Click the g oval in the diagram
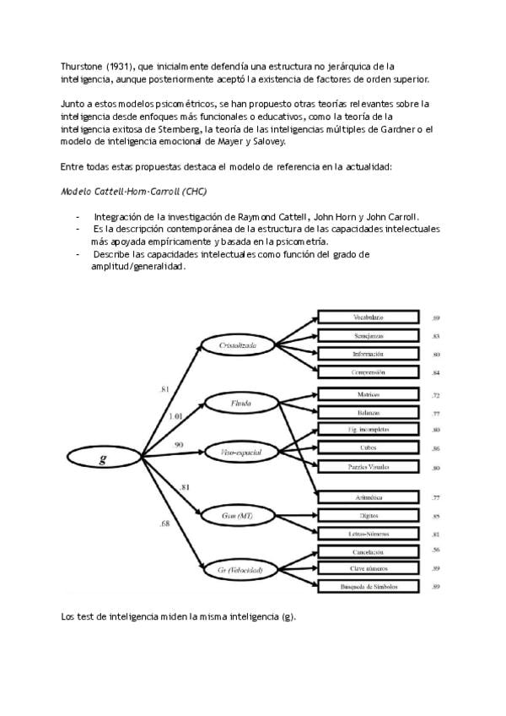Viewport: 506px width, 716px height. click(x=102, y=459)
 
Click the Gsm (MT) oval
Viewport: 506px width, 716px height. click(x=240, y=515)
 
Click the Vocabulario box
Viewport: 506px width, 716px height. click(x=369, y=317)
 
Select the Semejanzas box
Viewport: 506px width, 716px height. click(x=369, y=335)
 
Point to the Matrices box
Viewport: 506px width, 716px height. click(x=369, y=394)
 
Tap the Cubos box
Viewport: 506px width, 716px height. click(x=369, y=448)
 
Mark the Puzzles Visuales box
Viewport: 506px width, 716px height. click(x=369, y=467)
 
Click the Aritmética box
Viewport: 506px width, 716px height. click(x=369, y=498)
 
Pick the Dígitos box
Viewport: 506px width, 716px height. click(x=369, y=516)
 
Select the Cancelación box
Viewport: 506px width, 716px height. click(x=369, y=551)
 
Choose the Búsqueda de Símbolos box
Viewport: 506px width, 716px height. click(x=369, y=586)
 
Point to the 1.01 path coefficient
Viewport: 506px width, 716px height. click(x=175, y=416)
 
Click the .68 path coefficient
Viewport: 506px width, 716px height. click(x=164, y=524)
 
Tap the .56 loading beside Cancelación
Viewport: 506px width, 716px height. click(x=436, y=551)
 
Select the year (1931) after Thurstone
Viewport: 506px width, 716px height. click(x=114, y=64)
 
